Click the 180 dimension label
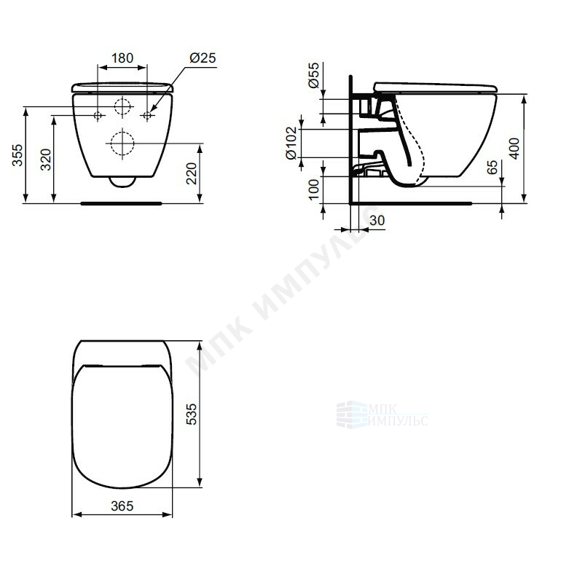122,58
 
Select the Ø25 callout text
203,58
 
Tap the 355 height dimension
17,155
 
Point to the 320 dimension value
46,160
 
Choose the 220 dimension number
192,173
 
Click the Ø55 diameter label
313,75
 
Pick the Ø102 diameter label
291,143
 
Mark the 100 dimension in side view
313,189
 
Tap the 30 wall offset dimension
377,221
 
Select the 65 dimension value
492,167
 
